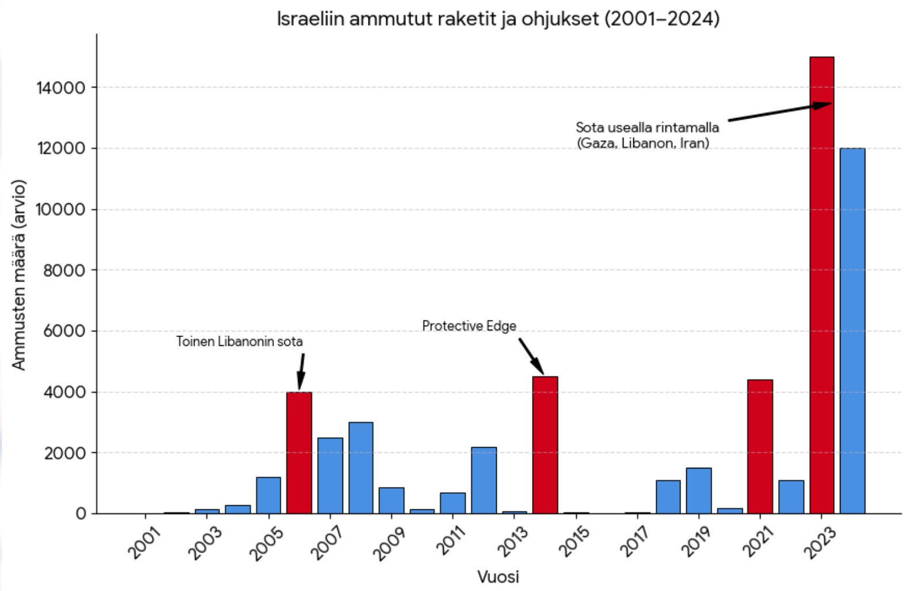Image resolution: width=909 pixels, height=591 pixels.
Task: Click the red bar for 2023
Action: (821, 285)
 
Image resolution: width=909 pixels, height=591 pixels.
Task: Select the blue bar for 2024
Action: (852, 331)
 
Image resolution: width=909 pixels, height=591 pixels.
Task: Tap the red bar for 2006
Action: (299, 453)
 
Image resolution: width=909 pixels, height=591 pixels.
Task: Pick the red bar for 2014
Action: (545, 445)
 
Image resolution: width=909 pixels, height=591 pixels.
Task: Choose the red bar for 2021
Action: (760, 447)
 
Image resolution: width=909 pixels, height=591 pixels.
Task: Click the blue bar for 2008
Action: (361, 468)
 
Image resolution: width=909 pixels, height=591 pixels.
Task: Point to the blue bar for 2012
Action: (484, 481)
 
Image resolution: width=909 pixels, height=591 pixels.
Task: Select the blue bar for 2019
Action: (699, 491)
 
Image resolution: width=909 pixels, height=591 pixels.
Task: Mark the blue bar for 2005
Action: (268, 495)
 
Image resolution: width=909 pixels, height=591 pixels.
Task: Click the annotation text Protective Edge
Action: (469, 326)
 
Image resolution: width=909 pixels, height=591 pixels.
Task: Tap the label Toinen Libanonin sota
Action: (239, 341)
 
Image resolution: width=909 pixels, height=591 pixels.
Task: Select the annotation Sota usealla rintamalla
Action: (647, 135)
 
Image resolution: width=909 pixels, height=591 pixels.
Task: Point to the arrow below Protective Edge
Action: (531, 356)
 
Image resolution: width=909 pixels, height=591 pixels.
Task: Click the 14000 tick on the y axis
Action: (60, 87)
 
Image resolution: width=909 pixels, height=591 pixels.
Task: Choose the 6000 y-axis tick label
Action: (64, 331)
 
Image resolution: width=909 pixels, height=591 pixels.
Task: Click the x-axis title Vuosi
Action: (498, 577)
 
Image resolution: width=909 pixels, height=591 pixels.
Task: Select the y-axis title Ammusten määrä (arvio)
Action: (19, 275)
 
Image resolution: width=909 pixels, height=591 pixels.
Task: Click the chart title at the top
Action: (498, 18)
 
